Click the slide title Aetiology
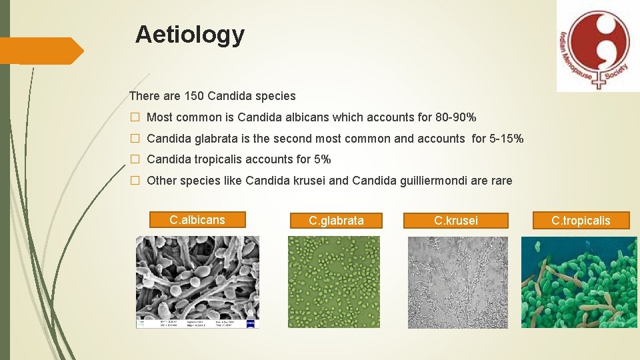coord(189,34)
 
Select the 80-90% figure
coord(456,117)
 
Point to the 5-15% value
coord(507,139)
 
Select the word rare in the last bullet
coord(500,180)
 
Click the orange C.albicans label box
coord(197,219)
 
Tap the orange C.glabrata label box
coord(336,220)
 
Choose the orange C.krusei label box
coord(455,220)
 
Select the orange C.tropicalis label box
coord(581,220)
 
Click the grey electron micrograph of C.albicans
coord(197,281)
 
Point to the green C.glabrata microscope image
coord(333,281)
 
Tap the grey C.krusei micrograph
coord(457,281)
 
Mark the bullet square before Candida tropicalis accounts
coord(135,160)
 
